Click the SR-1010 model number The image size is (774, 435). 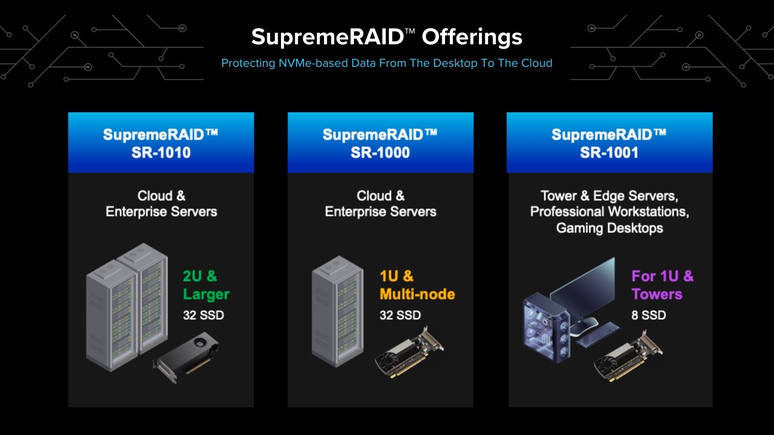[x=161, y=153]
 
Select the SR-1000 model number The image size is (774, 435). [x=380, y=153]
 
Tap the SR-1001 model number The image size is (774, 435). [x=609, y=153]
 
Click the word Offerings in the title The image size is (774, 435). [x=472, y=37]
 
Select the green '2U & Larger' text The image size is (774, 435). [x=206, y=285]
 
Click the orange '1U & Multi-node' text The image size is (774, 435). [x=417, y=285]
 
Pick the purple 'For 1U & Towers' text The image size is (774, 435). [x=662, y=285]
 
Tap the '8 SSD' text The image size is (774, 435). [x=648, y=315]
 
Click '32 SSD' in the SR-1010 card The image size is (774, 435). [x=203, y=315]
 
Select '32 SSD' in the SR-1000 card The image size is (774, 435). [x=400, y=315]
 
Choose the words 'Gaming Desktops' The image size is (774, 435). [x=609, y=228]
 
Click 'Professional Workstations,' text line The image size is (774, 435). [x=609, y=211]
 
